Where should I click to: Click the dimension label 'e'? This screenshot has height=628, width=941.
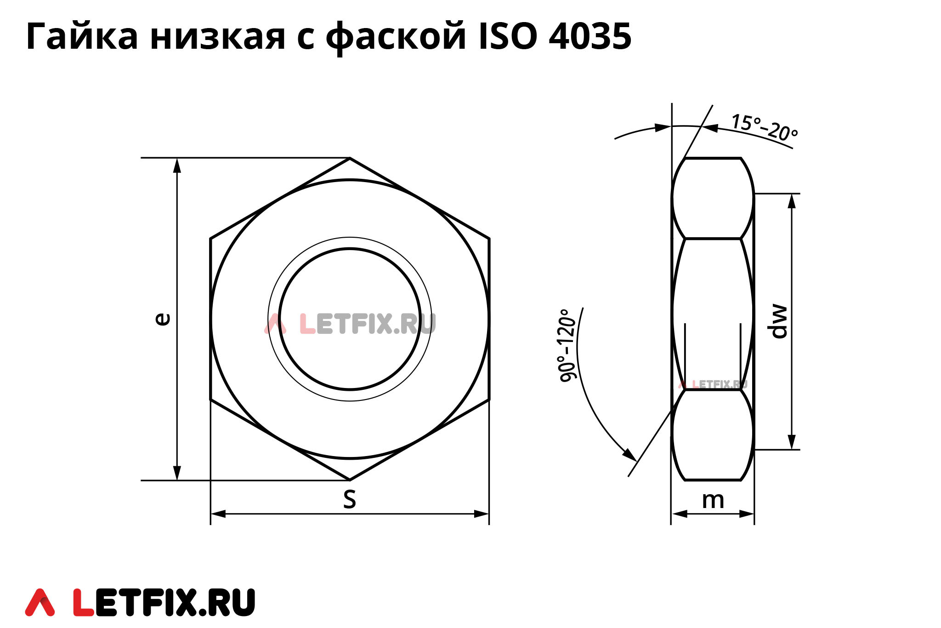163,319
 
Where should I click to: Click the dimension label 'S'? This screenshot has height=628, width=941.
350,500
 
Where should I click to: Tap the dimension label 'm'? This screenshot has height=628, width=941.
713,501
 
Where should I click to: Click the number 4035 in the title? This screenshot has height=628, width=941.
590,36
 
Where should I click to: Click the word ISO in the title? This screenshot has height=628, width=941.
508,36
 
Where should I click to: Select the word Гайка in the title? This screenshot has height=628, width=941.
82,36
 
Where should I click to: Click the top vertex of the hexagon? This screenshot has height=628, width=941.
350,158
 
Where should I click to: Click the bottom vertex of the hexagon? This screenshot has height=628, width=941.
350,480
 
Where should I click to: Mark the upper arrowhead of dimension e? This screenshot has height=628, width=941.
177,166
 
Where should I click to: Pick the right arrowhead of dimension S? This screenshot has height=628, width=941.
482,514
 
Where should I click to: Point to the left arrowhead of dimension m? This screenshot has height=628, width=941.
679,514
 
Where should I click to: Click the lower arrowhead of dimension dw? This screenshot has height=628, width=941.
792,442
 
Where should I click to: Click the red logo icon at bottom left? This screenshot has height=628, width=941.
40,602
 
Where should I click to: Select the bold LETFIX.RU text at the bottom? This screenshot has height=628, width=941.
164,602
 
